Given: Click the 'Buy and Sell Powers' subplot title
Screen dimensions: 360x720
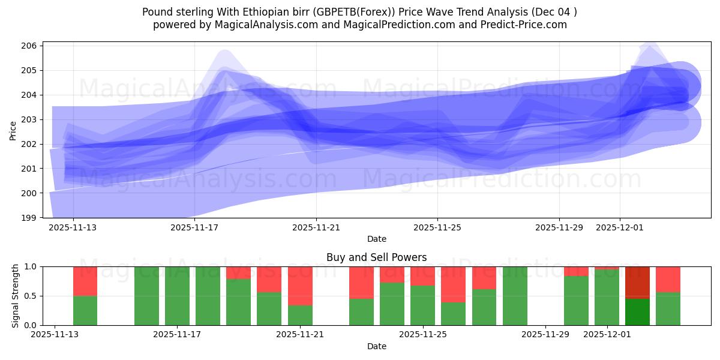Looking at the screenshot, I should tap(376, 257).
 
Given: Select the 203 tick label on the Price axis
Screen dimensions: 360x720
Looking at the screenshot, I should tap(30, 119).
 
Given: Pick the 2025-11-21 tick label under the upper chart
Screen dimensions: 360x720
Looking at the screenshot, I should tap(316, 227).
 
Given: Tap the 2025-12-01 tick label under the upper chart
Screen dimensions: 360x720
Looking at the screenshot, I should tap(620, 227).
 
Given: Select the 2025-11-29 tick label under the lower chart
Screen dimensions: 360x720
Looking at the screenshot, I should tap(545, 335).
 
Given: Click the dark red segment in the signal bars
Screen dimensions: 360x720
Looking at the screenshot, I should tap(637, 282).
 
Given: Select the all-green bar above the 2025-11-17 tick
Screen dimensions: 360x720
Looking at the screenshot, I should tap(177, 296).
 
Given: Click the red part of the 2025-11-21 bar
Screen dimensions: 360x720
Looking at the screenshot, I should tap(300, 286).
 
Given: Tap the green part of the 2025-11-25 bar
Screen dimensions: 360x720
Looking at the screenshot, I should tap(422, 306).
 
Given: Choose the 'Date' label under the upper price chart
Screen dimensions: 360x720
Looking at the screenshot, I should tap(376, 239).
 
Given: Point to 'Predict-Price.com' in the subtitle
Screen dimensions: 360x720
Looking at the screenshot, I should tap(526, 25).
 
